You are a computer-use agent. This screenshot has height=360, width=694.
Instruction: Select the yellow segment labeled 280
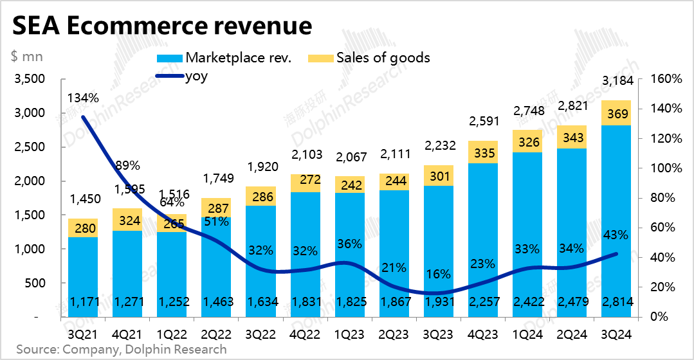pyautogui.click(x=83, y=228)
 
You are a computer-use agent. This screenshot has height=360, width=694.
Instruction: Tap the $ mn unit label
pyautogui.click(x=26, y=56)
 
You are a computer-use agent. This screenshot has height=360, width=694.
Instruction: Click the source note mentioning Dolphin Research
pyautogui.click(x=122, y=350)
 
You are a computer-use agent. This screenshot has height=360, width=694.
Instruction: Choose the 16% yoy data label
pyautogui.click(x=439, y=274)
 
